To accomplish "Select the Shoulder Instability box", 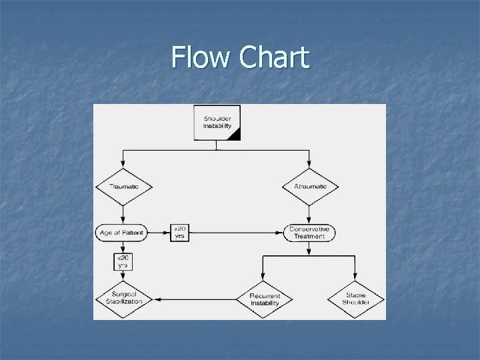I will pyautogui.click(x=217, y=123).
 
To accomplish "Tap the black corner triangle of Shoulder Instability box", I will pyautogui.click(x=234, y=135).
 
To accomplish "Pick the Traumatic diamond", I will pyautogui.click(x=123, y=186).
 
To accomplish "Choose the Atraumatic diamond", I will pyautogui.click(x=310, y=186).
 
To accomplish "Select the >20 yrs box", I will pyautogui.click(x=180, y=232).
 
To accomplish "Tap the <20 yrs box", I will pyautogui.click(x=123, y=261).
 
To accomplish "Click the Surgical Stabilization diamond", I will pyautogui.click(x=123, y=299).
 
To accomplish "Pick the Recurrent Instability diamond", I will pyautogui.click(x=264, y=299).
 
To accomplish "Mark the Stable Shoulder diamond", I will pyautogui.click(x=355, y=299).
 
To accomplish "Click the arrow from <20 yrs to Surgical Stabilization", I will pyautogui.click(x=123, y=279).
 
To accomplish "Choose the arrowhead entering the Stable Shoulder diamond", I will pyautogui.click(x=355, y=279).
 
